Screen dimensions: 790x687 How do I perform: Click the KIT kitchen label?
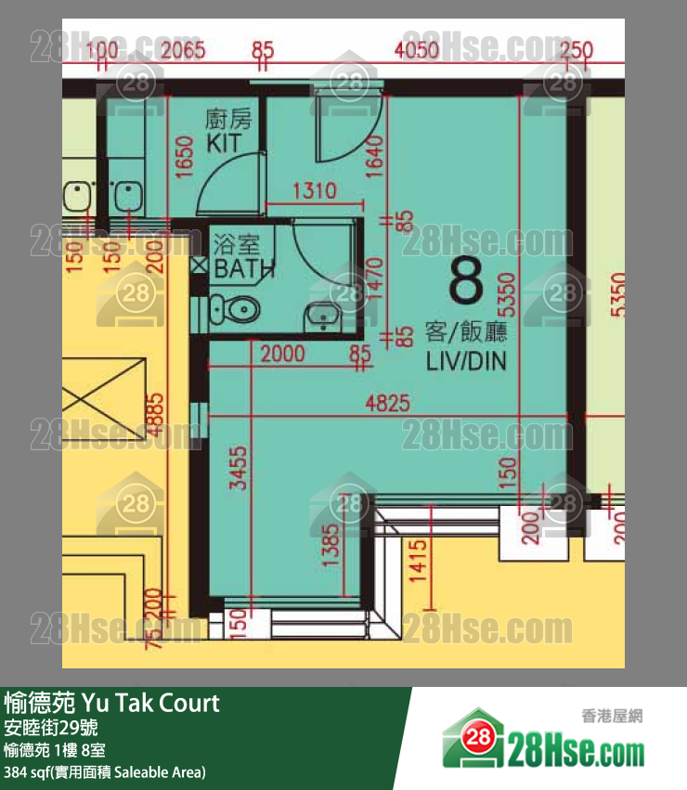pos(224,143)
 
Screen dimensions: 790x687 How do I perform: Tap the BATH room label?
pos(244,269)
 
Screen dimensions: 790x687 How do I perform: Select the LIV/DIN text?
pos(466,361)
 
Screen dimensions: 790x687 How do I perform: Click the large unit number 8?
pos(466,281)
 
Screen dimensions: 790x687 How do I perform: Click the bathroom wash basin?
pos(322,316)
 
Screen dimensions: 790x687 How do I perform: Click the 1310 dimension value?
pos(314,192)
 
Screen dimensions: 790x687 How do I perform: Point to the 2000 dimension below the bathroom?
pos(283,353)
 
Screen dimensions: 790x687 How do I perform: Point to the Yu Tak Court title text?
pos(112,703)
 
